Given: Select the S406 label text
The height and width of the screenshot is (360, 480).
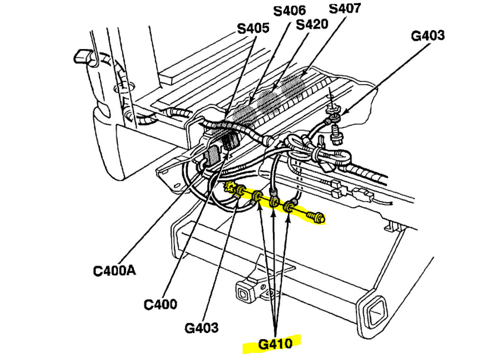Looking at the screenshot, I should click(x=290, y=9).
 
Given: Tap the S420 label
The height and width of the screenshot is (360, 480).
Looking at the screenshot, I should click(x=312, y=24).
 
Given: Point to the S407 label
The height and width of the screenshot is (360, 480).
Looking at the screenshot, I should click(x=345, y=8).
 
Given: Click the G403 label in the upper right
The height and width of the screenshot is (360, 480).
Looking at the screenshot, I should click(x=428, y=35).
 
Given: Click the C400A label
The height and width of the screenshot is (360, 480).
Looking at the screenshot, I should click(x=114, y=271).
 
